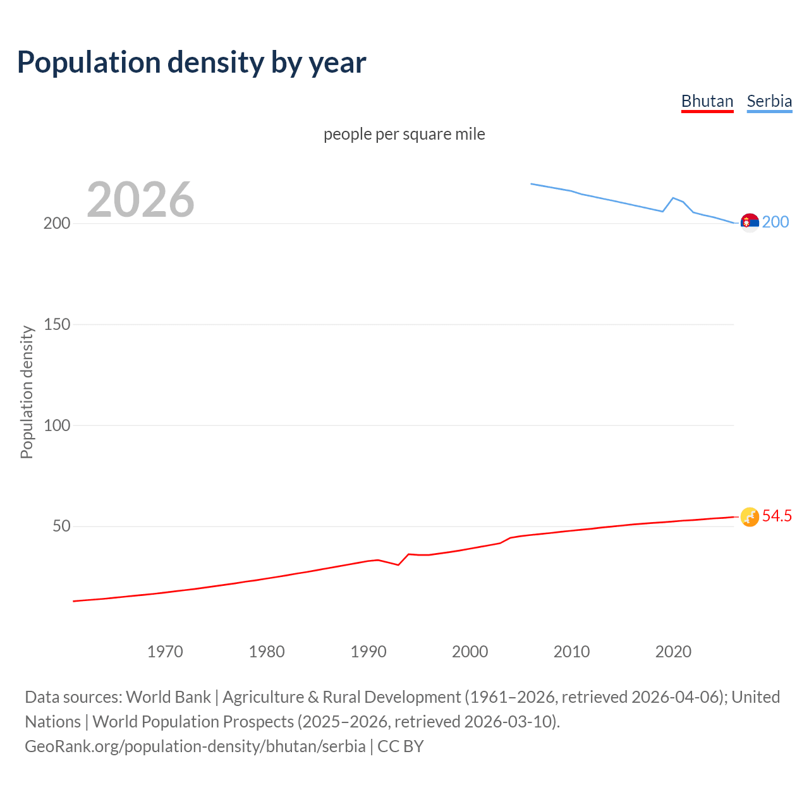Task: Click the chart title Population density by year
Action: [192, 63]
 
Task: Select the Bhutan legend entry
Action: [707, 101]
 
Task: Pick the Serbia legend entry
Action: [769, 101]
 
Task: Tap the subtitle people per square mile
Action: [404, 134]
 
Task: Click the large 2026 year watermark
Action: [140, 200]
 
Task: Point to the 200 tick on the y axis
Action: [57, 224]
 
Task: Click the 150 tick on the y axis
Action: [57, 324]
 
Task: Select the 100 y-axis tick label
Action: [57, 425]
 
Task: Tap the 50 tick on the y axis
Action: [61, 526]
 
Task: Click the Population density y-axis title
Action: [27, 392]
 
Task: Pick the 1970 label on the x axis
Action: [165, 652]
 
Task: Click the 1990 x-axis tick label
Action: [368, 652]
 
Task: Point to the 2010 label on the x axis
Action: [571, 652]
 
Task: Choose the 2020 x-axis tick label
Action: [673, 652]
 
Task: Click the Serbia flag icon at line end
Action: [749, 222]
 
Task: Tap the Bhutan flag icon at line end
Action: [749, 517]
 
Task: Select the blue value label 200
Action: [776, 222]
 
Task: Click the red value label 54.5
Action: [777, 516]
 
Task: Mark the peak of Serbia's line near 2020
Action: [673, 198]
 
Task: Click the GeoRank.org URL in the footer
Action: [195, 746]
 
